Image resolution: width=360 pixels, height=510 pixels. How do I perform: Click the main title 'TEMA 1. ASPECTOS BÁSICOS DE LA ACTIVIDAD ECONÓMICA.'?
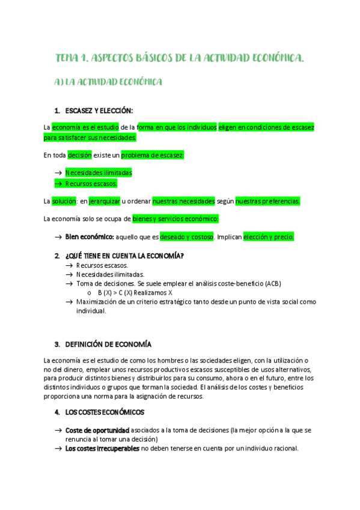[x=180, y=58]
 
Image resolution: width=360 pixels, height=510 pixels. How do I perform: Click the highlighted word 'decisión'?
[x=79, y=155]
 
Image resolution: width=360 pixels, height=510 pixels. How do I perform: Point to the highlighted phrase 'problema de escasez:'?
[x=153, y=155]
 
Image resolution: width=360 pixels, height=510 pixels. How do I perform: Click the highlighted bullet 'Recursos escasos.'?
[x=91, y=183]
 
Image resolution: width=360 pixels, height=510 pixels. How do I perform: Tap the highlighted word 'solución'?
[x=64, y=201]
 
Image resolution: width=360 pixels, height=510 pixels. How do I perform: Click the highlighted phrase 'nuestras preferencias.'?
[x=267, y=201]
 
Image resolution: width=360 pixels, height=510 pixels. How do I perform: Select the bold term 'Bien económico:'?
[x=90, y=237]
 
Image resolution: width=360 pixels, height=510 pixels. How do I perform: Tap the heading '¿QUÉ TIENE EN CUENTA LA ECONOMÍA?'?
[x=124, y=256]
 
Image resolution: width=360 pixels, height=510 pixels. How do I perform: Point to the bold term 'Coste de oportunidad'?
[x=97, y=431]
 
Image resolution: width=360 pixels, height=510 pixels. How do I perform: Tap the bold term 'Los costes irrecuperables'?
[x=102, y=449]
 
